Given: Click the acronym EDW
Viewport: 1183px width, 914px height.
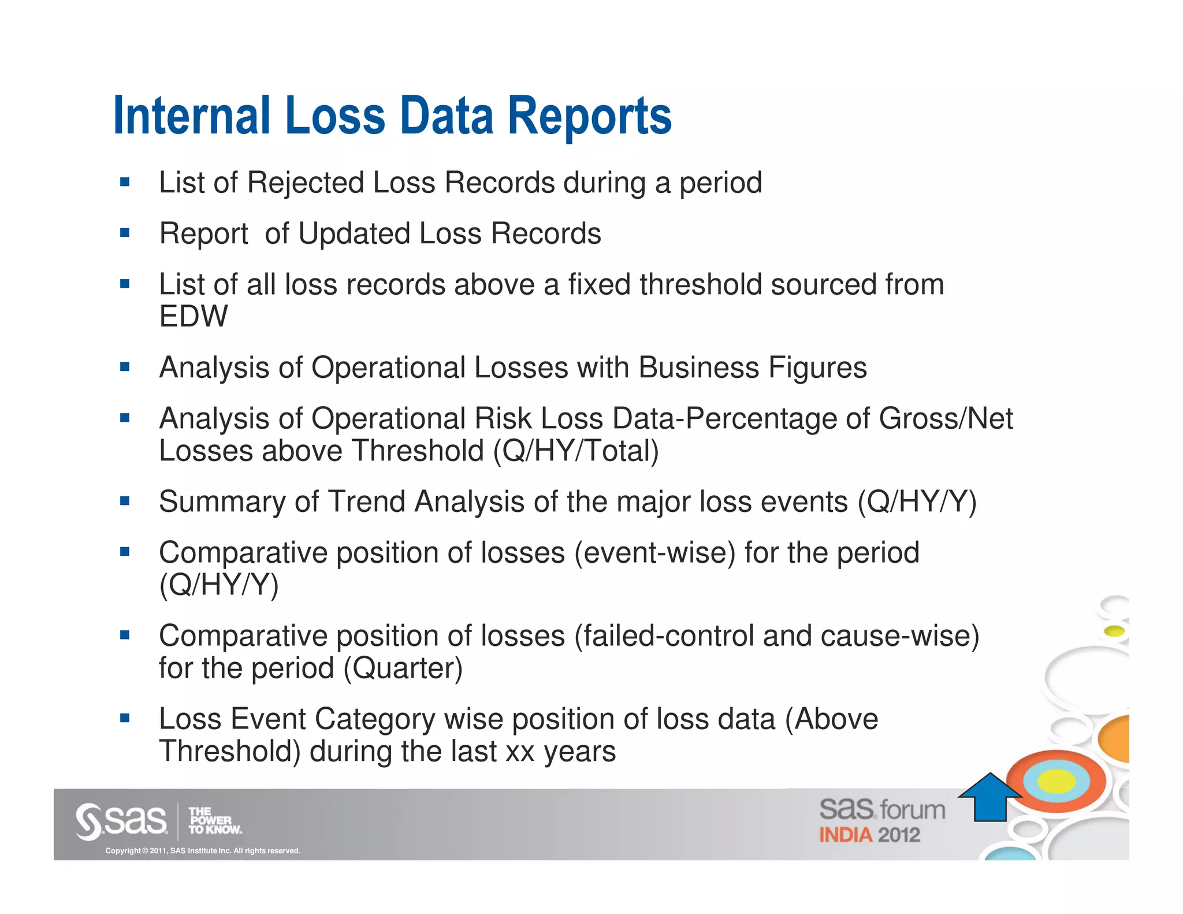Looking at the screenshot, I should coord(194,317).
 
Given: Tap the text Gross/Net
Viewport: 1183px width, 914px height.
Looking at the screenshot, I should coord(946,418).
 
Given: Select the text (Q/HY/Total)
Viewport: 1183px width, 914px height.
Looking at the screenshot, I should coord(576,451).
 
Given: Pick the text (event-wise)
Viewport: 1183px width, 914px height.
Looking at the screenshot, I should coord(654,552).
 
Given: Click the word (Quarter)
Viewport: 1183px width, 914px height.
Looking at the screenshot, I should coord(403,668).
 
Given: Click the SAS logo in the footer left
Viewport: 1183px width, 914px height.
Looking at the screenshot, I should coord(121,820).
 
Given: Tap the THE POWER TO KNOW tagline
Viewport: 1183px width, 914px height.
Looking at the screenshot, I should coord(214,821).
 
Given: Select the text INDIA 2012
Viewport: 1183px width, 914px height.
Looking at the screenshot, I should coord(869,835).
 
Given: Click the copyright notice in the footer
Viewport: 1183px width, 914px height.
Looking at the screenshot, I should coord(203,850).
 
